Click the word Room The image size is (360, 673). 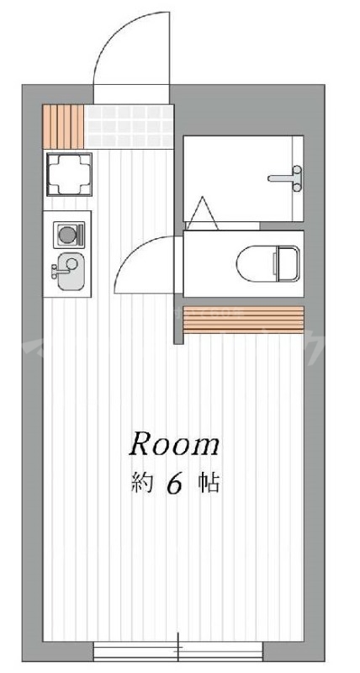click(174, 444)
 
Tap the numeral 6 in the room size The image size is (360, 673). click(175, 485)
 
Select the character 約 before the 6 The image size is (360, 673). click(140, 484)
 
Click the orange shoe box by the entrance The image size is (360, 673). click(65, 123)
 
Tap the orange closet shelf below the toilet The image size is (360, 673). click(242, 320)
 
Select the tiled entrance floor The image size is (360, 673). click(130, 124)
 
